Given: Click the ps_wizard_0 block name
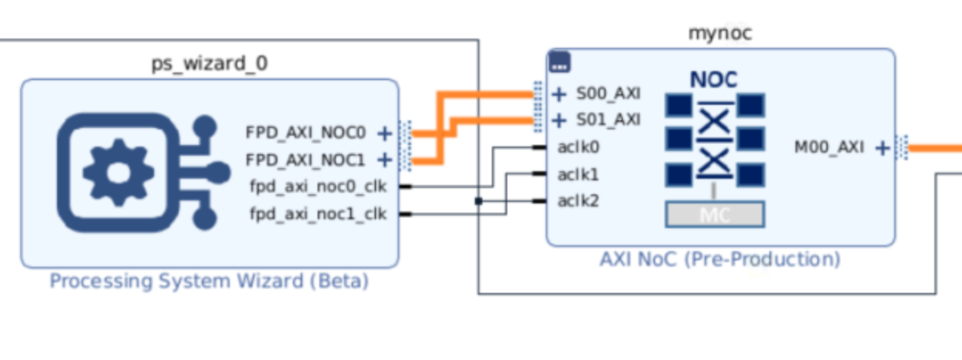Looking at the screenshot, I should click(209, 63).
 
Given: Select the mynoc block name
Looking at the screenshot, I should click(719, 33).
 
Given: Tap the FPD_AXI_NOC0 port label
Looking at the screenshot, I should click(305, 133).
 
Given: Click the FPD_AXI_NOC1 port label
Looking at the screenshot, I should click(305, 160).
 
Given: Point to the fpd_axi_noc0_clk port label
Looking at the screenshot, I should click(318, 187).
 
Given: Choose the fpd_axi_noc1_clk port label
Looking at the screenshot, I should click(318, 214).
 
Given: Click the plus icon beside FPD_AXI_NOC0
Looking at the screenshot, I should click(384, 133).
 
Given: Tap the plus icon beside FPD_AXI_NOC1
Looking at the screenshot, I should click(384, 160).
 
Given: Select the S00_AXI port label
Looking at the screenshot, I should click(608, 94).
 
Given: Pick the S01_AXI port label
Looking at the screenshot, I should click(608, 119).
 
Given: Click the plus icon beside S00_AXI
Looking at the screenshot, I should click(560, 94).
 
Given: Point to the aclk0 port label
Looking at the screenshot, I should click(579, 146).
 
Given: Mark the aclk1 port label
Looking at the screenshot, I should click(578, 174).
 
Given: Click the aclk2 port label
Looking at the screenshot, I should click(579, 201).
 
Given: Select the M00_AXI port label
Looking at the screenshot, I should click(829, 147).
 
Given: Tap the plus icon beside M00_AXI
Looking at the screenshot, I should click(883, 147).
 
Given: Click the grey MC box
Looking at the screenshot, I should click(714, 214).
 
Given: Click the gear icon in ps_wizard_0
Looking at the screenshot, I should click(119, 171).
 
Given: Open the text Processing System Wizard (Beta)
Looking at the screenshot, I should click(209, 281).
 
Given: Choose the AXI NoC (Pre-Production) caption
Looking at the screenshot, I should click(720, 259).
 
